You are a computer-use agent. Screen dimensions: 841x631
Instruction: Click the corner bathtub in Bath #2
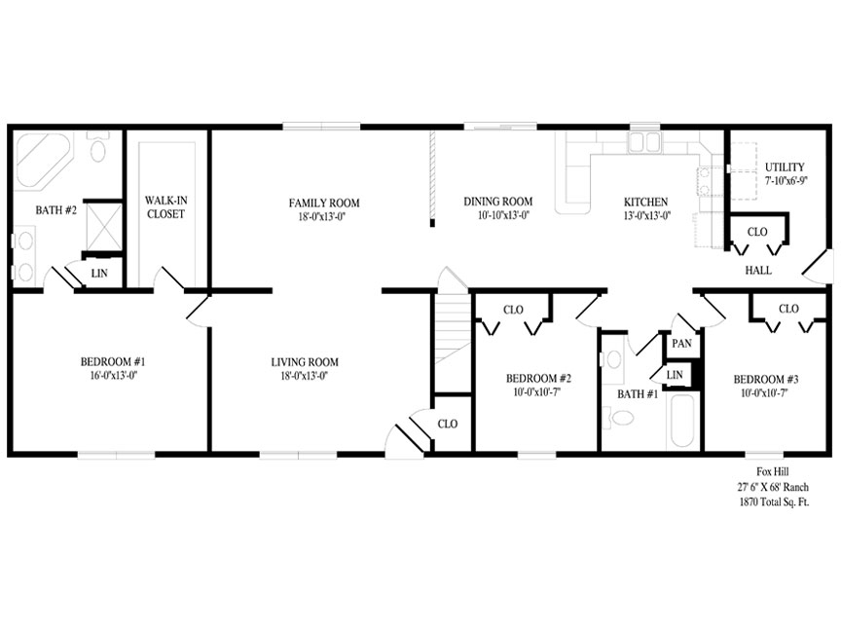pos(43,161)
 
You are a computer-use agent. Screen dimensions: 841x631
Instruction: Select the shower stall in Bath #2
pos(104,227)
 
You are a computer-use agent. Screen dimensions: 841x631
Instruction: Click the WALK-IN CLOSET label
pos(166,207)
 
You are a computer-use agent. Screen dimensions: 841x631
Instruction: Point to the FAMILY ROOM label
pos(324,203)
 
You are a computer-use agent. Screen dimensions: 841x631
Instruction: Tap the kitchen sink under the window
pos(644,142)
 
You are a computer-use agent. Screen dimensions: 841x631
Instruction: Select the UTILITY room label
pos(785,167)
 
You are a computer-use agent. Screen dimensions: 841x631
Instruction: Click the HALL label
pos(758,271)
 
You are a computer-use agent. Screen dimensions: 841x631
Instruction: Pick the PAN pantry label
pos(681,344)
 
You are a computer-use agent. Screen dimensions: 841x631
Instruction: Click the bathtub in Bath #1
pos(680,423)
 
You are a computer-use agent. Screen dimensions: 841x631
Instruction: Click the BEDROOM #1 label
pos(113,361)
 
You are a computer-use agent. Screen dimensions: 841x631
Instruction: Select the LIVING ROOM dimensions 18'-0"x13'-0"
pos(304,376)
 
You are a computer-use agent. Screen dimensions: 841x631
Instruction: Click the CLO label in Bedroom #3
pos(788,309)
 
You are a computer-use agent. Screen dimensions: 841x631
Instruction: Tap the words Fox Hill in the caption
pos(772,471)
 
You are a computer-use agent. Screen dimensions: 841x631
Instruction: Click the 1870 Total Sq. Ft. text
pos(774,502)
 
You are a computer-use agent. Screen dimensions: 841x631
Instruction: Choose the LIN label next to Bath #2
pos(99,274)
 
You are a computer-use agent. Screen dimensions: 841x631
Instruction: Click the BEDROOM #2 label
pos(538,379)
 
